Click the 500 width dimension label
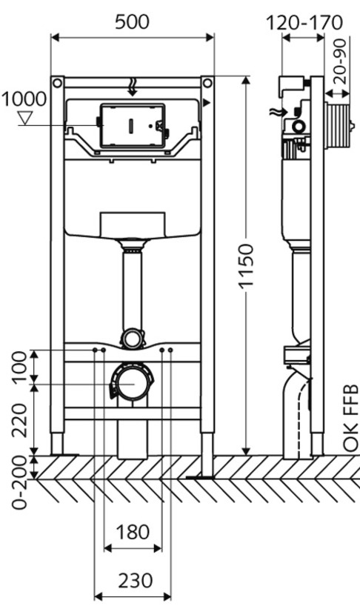(132, 22)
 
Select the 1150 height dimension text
(246, 266)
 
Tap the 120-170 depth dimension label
(304, 23)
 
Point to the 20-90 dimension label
(340, 61)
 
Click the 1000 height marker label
(24, 99)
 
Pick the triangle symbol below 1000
(25, 118)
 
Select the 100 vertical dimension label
(21, 367)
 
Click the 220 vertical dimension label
(21, 421)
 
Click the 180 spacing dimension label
(132, 532)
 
